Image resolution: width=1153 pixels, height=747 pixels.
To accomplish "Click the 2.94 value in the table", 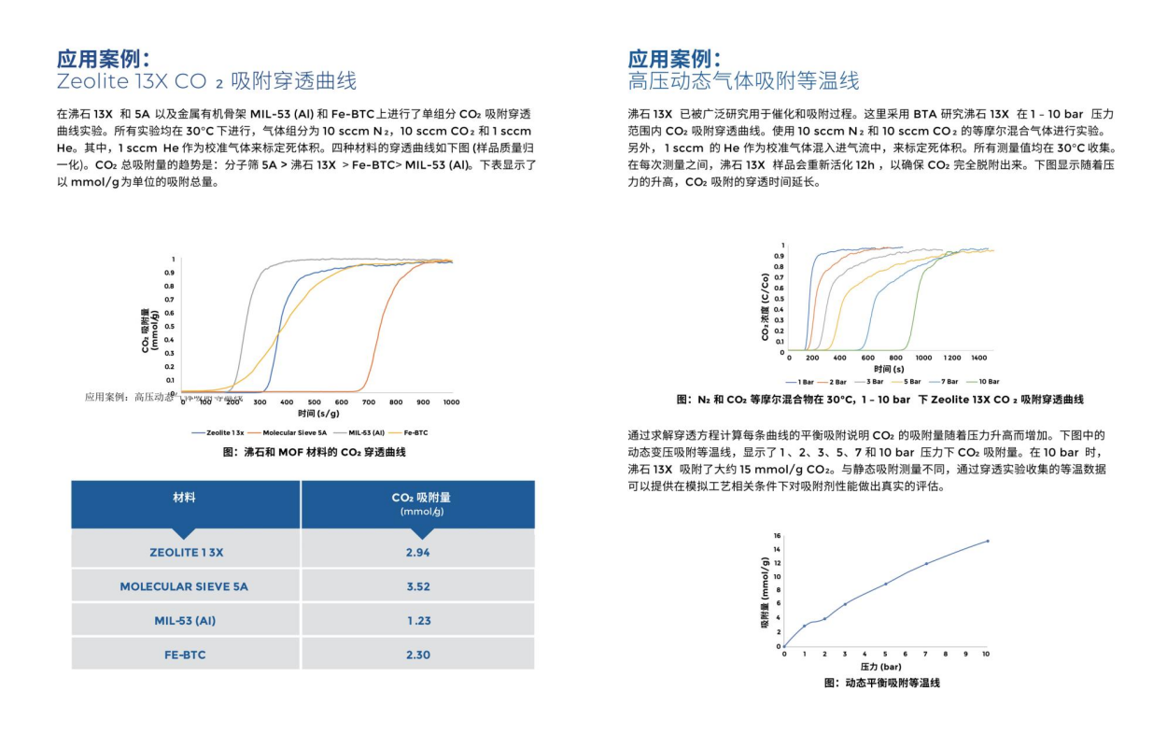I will pos(417,553).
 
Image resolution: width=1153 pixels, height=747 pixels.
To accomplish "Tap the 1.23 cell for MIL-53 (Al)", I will pos(417,621).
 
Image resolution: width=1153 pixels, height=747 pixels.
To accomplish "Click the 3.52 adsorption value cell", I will pos(417,587).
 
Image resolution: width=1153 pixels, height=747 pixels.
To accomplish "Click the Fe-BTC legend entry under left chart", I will pos(409,433).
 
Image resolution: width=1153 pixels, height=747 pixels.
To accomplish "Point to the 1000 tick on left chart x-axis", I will pos(451,402).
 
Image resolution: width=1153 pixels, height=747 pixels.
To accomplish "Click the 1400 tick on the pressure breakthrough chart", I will pos(979,359).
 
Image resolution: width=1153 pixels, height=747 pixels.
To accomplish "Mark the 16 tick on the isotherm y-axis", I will pos(777,535).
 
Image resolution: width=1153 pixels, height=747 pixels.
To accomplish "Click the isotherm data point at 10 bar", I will pos(987,541).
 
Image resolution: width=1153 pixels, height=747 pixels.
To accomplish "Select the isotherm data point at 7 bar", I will pos(926,563).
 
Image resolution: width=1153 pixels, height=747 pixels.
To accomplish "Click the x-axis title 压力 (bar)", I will pos(880,667).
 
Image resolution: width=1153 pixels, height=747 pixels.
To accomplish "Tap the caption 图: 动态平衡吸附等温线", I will pos(881,684).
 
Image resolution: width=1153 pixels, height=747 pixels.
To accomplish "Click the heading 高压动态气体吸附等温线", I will pos(743,81).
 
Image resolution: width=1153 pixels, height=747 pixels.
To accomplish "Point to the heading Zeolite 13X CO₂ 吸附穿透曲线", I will pos(206,81).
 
